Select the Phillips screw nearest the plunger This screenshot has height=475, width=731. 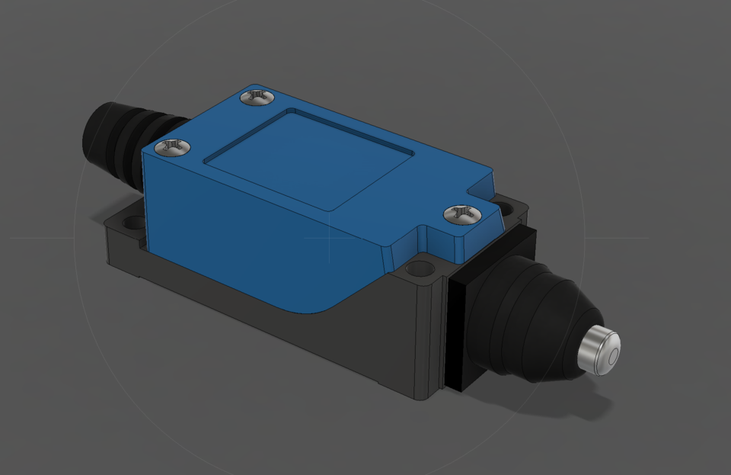click(x=461, y=214)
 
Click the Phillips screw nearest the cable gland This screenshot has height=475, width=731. click(x=173, y=147)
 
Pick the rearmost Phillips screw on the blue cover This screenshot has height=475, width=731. click(x=257, y=97)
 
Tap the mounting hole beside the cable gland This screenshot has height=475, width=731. click(x=133, y=223)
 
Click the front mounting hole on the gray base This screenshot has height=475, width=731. click(x=418, y=269)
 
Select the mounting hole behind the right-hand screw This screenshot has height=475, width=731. click(x=504, y=207)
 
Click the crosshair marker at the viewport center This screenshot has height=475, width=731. click(x=329, y=237)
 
